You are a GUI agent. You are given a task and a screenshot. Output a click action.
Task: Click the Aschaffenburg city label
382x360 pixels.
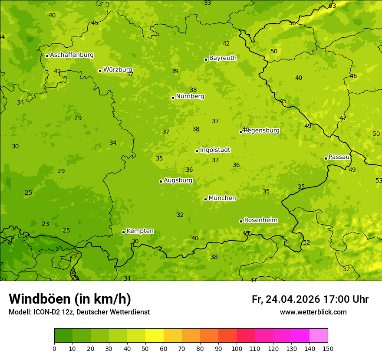(72, 55)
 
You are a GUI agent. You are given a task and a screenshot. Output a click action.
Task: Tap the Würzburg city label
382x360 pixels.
(117, 70)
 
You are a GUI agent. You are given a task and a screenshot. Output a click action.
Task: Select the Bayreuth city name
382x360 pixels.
(223, 58)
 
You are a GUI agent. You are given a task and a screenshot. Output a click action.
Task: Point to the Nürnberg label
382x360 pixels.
(190, 96)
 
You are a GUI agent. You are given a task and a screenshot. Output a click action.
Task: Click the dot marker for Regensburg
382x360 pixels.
(240, 132)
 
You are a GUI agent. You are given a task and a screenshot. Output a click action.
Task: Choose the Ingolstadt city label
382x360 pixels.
(215, 150)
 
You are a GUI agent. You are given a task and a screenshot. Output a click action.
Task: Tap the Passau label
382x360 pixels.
(339, 157)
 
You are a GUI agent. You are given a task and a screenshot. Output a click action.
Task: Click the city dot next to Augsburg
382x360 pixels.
(161, 181)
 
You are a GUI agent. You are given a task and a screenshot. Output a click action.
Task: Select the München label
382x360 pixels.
(222, 198)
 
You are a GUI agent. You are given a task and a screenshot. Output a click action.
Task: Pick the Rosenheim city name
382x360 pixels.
(260, 220)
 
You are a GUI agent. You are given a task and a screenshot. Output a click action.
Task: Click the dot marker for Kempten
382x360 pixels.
(123, 232)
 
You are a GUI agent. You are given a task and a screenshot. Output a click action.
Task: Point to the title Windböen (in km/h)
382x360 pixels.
(70, 299)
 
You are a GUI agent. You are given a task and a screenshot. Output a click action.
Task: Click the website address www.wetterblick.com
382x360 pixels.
(313, 312)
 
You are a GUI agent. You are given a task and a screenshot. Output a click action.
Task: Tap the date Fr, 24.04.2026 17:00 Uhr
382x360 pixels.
(310, 299)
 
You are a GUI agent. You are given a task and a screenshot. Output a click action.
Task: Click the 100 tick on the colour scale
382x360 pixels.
(237, 348)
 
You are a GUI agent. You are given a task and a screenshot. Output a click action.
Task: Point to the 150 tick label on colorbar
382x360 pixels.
(328, 348)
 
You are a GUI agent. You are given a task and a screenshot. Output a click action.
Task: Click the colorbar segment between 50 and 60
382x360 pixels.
(155, 336)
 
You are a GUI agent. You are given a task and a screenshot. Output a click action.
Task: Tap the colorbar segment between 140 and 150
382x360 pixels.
(319, 336)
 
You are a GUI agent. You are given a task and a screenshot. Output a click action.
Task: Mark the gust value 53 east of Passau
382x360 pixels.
(379, 180)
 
